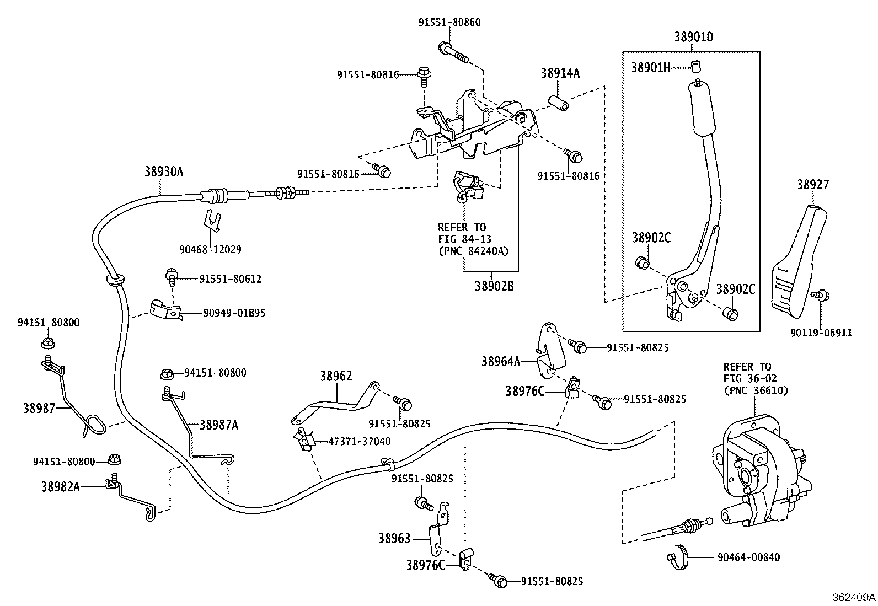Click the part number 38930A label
163,171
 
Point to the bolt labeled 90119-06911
821,296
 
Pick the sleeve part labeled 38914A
558,104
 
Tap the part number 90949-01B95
234,313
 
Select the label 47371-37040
359,441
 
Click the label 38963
395,538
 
